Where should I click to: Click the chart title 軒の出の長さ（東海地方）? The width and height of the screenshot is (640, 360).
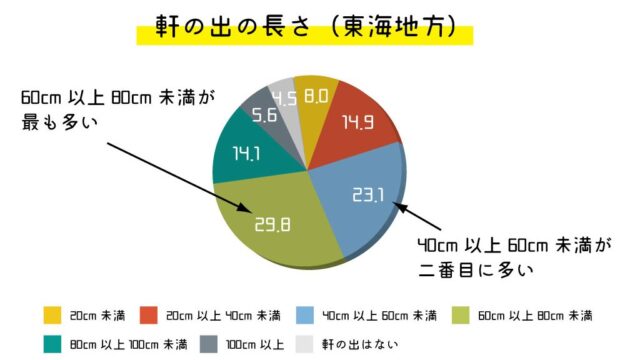[306, 27]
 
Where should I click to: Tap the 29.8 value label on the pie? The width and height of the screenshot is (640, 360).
[271, 225]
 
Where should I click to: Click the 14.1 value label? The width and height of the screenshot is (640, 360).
[241, 155]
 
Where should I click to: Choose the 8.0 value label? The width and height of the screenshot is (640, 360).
[317, 97]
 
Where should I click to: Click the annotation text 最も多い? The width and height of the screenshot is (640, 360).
[63, 121]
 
